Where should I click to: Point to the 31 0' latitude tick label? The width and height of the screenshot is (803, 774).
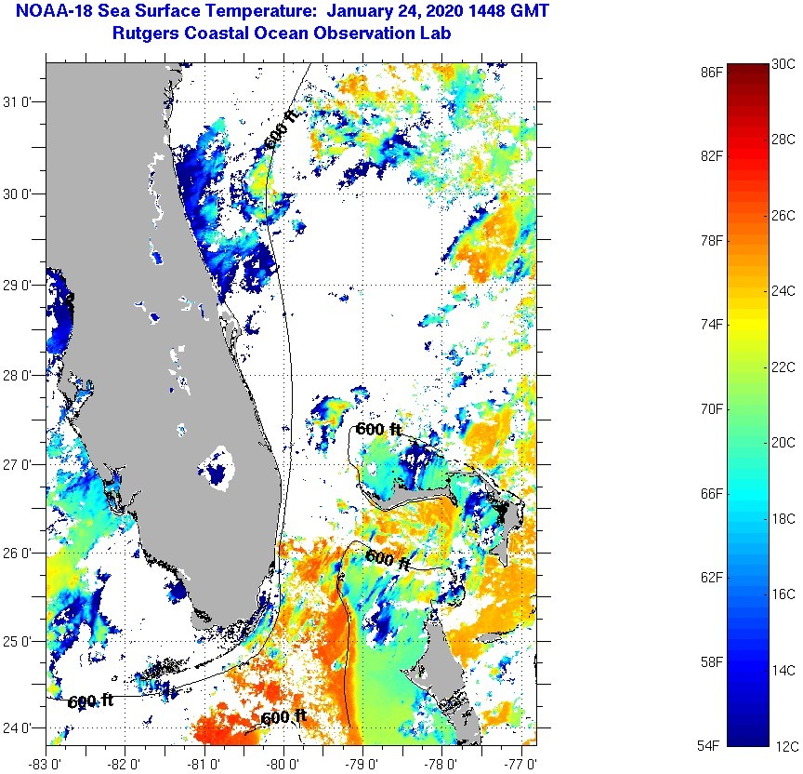click(x=21, y=102)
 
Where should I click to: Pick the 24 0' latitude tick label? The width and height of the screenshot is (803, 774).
click(x=21, y=728)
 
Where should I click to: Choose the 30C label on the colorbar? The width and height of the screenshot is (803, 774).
click(x=783, y=63)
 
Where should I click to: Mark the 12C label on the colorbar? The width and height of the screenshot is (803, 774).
click(x=783, y=745)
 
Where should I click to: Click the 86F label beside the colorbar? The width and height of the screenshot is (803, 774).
click(x=712, y=71)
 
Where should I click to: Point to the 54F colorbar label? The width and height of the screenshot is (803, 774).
click(x=712, y=745)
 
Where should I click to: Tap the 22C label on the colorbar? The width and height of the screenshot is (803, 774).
click(x=783, y=367)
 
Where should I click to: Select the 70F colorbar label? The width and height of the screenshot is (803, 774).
click(x=712, y=408)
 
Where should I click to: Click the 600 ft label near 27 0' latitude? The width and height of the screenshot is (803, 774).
click(x=378, y=429)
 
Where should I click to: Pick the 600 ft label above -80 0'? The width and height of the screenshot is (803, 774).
click(x=283, y=717)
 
